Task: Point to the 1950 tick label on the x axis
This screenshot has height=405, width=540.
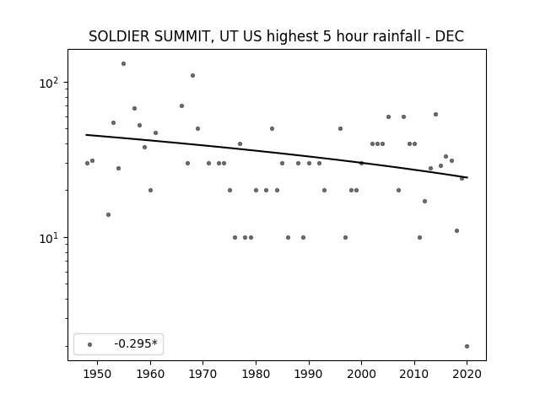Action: [x=98, y=374]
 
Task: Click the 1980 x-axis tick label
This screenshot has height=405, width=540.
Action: [x=256, y=374]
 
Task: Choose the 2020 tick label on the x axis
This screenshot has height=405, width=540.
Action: [x=467, y=374]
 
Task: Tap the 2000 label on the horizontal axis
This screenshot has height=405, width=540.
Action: [x=361, y=374]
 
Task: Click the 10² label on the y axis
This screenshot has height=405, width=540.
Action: [x=51, y=83]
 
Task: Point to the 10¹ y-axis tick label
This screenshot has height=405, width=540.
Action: [x=51, y=238]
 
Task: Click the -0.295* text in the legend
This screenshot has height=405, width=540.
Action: [x=136, y=343]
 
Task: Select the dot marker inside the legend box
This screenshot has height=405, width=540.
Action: [x=89, y=344]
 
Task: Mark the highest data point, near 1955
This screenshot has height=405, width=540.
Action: [x=123, y=64]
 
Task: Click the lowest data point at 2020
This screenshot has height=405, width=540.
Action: [x=467, y=347]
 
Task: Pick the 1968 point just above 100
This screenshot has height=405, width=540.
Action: [x=192, y=75]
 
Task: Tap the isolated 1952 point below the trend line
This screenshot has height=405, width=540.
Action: [x=108, y=215]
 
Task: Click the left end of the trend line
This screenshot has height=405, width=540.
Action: [x=86, y=135]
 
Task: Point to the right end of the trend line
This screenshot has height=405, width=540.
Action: [x=467, y=177]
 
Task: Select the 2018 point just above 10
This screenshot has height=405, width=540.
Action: [x=456, y=230]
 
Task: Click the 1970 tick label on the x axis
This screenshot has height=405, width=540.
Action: [x=202, y=374]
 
